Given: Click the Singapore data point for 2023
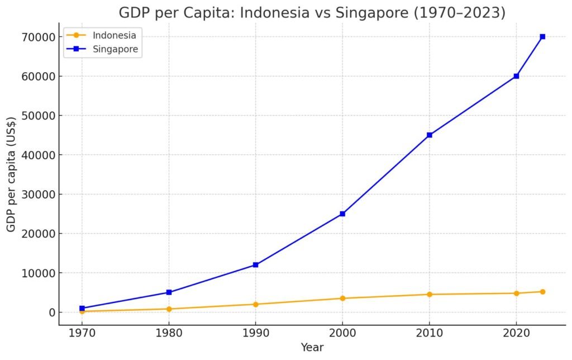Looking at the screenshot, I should point(542,37).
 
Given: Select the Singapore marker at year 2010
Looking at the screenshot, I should point(430,135).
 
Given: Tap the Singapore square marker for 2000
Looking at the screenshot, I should point(342,214).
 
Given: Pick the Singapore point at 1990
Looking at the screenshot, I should point(255,265).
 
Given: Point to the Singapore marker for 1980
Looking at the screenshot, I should point(169,292).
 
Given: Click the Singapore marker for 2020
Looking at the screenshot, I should point(516,76).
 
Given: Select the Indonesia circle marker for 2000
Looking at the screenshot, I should point(342,298).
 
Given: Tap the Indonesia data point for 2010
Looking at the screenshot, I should point(430,294).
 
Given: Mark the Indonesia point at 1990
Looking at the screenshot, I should point(255,304).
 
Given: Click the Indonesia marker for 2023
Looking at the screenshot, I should point(542,292).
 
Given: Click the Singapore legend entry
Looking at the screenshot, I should point(115,49).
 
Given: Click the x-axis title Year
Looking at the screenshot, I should point(312,348).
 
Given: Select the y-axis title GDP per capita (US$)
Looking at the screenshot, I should point(11,174).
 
